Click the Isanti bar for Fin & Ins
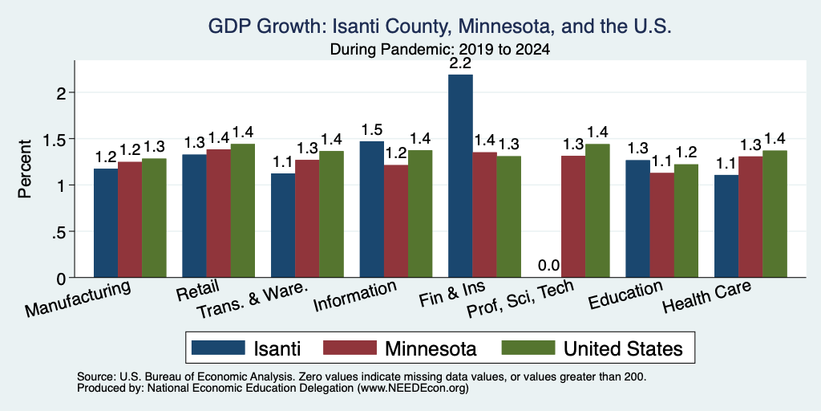(460, 176)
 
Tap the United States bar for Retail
(243, 211)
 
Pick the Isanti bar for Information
(372, 210)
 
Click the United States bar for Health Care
(775, 214)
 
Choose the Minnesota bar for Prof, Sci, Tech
(572, 217)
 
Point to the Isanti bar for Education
(637, 218)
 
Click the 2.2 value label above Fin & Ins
(461, 63)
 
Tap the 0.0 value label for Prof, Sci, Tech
(548, 266)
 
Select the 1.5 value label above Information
(372, 130)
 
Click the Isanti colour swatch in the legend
(218, 348)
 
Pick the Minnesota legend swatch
(350, 348)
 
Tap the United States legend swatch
(528, 348)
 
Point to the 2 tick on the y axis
(63, 93)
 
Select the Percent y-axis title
(25, 169)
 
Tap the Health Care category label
(706, 296)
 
